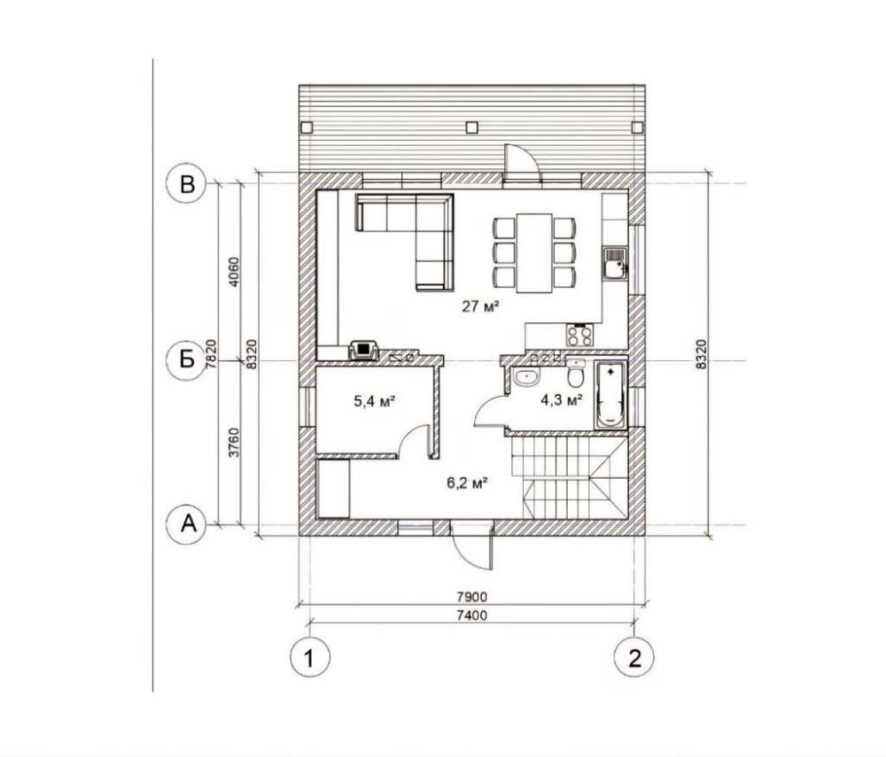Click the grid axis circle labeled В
click(x=186, y=184)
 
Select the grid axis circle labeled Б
click(x=186, y=361)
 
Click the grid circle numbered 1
click(x=308, y=658)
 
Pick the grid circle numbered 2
click(x=634, y=658)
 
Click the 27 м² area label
click(x=480, y=307)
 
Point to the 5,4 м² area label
click(x=374, y=400)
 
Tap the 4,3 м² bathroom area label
click(x=562, y=400)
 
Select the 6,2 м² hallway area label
click(x=469, y=483)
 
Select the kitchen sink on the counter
click(x=613, y=263)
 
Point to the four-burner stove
click(x=579, y=336)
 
